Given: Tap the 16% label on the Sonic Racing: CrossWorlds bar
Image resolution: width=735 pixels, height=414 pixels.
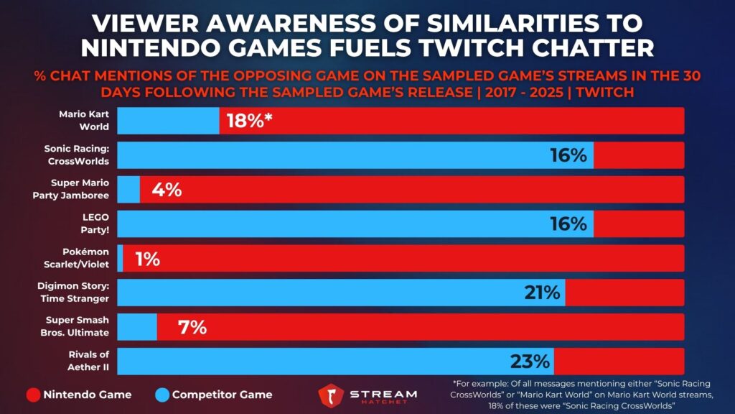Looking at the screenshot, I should tap(568, 155).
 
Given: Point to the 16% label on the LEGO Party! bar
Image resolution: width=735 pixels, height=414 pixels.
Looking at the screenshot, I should tap(568, 224).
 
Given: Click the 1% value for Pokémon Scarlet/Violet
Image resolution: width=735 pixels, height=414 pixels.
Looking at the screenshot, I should tap(147, 259).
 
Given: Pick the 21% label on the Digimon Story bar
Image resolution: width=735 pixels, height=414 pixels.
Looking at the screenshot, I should tap(541, 293).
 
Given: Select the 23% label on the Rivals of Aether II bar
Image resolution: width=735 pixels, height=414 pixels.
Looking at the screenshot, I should tap(530, 361).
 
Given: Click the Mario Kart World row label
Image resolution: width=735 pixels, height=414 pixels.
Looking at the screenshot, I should tap(85, 120).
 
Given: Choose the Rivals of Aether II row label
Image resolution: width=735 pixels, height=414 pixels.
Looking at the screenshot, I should tap(85, 361).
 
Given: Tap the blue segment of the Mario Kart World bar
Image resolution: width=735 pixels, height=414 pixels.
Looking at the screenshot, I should tap(168, 120).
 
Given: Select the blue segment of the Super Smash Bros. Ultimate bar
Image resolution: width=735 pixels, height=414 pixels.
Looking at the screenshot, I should tap(136, 327).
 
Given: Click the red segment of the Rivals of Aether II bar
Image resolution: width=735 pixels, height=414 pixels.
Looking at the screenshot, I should tap(619, 361).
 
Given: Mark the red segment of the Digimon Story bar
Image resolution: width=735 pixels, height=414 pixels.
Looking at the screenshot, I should tap(624, 293).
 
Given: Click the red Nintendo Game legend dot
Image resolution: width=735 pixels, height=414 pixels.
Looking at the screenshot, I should tap(32, 394).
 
